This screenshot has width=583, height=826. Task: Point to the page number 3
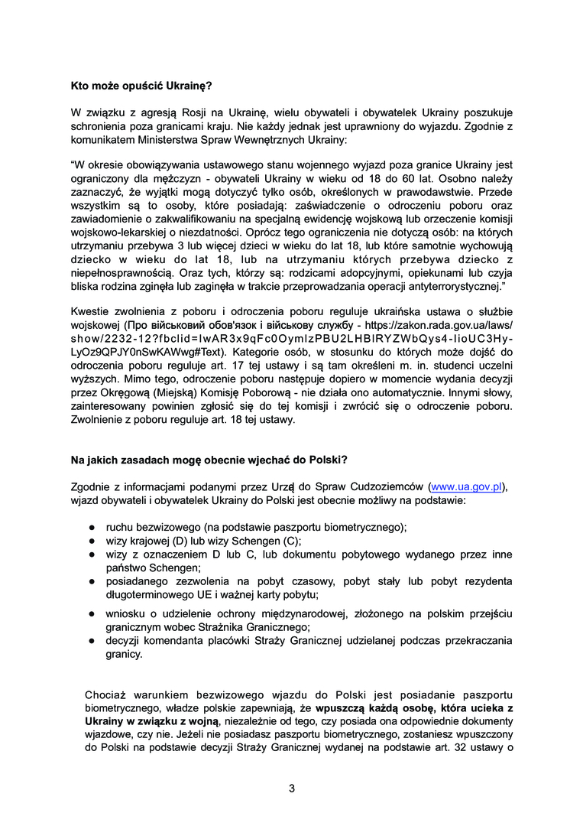click(x=291, y=789)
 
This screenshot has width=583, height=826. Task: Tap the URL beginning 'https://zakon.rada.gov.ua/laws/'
click(x=439, y=325)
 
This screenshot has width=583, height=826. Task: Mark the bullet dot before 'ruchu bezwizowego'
click(x=90, y=528)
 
